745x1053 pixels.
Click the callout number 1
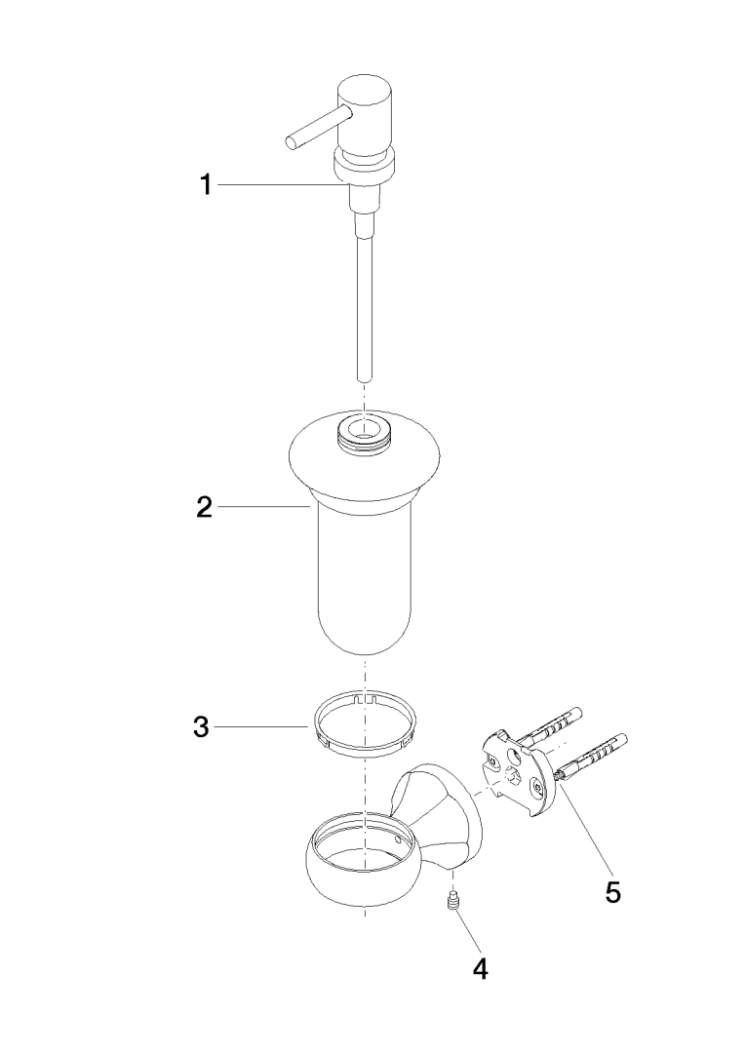pos(206,184)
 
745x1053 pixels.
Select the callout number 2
pos(204,507)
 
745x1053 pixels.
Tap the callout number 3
pos(202,727)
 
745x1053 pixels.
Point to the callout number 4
pos(480,968)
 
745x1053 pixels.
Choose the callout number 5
pos(612,892)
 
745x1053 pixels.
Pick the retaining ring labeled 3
pos(364,726)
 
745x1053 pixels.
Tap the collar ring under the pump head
pos(364,168)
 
